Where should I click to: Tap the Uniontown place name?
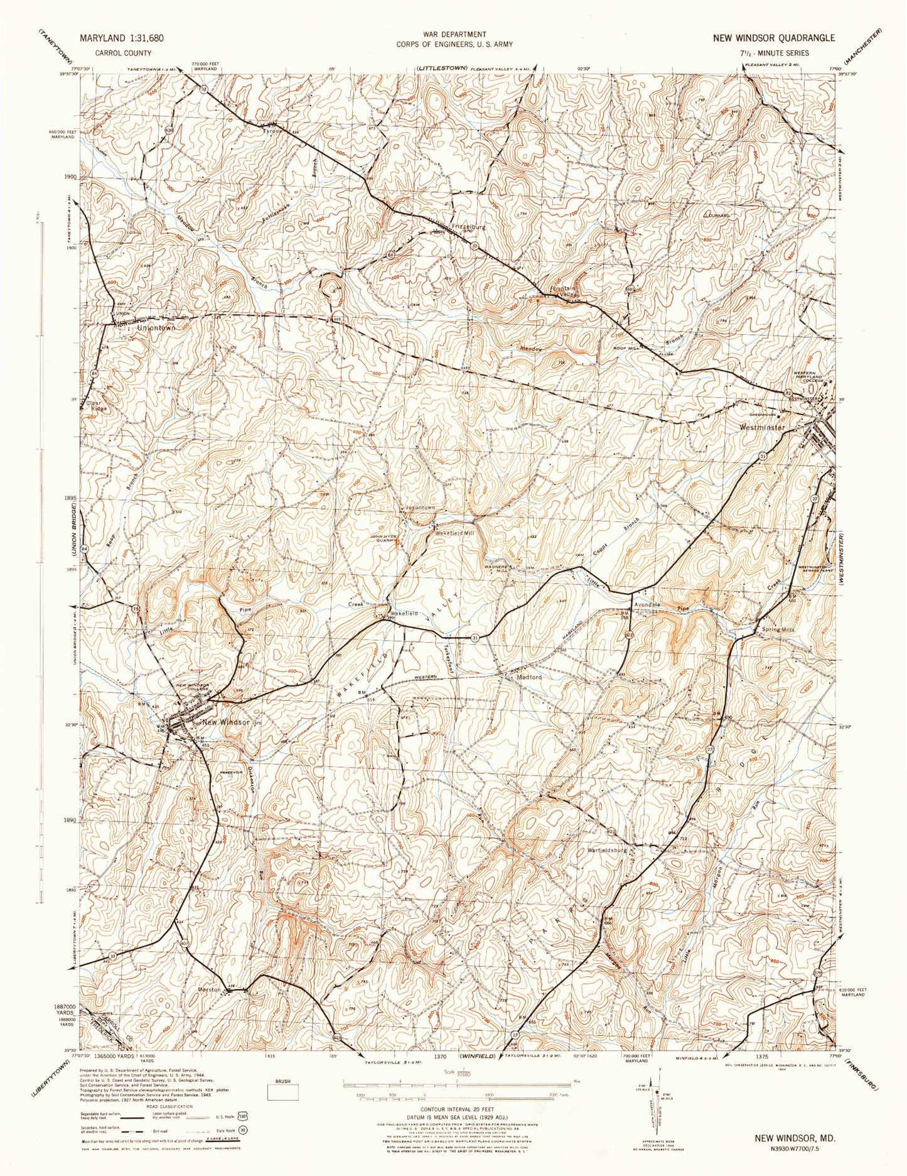click(x=151, y=328)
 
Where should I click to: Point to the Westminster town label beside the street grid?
click(x=762, y=427)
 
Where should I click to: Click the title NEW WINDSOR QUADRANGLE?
click(x=773, y=38)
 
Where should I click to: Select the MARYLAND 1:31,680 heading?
click(x=122, y=38)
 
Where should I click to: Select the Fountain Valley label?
click(x=562, y=291)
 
